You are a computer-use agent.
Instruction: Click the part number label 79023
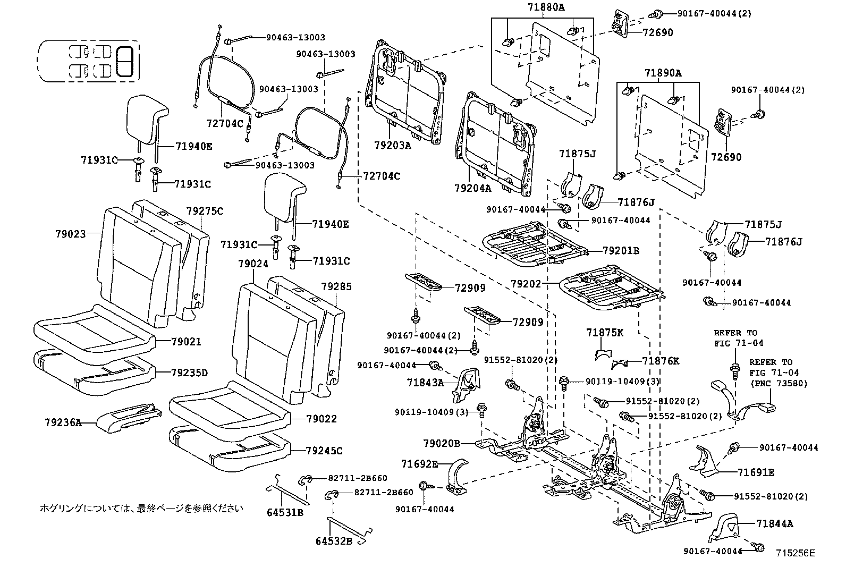[x=70, y=233]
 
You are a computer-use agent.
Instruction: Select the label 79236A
[x=63, y=422]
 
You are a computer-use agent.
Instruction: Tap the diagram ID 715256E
[x=795, y=553]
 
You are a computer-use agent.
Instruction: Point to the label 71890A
[x=663, y=73]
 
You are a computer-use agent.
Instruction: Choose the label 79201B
[x=621, y=250]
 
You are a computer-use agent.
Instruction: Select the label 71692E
[x=419, y=464]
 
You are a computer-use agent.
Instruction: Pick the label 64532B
[x=334, y=541]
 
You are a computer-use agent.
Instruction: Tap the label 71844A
[x=774, y=523]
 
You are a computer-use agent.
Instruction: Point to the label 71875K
[x=605, y=333]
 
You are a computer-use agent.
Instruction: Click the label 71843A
[x=425, y=382]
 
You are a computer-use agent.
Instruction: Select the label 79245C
[x=324, y=451]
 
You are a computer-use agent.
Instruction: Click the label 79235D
[x=189, y=373]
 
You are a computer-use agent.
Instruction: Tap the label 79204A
[x=473, y=188]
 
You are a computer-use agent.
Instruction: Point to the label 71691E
[x=756, y=472]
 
